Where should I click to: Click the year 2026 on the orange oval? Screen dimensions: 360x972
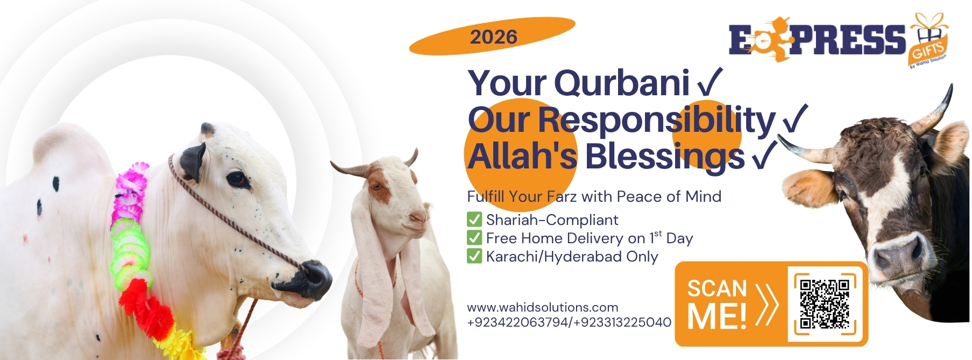point(493,37)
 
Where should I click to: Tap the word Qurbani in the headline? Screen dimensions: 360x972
point(621,83)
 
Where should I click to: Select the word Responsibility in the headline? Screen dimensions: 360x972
point(656,120)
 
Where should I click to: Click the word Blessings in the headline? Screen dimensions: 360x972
point(664,157)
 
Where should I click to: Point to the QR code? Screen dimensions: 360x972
point(825,303)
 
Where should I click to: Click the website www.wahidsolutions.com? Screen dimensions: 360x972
point(542,307)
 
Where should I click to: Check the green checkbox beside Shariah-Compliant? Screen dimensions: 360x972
point(474,220)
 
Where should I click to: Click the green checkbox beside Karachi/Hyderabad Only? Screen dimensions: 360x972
point(474,256)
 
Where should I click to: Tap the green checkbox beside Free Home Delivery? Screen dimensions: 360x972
point(474,238)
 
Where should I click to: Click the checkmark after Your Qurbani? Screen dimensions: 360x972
point(710,82)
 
